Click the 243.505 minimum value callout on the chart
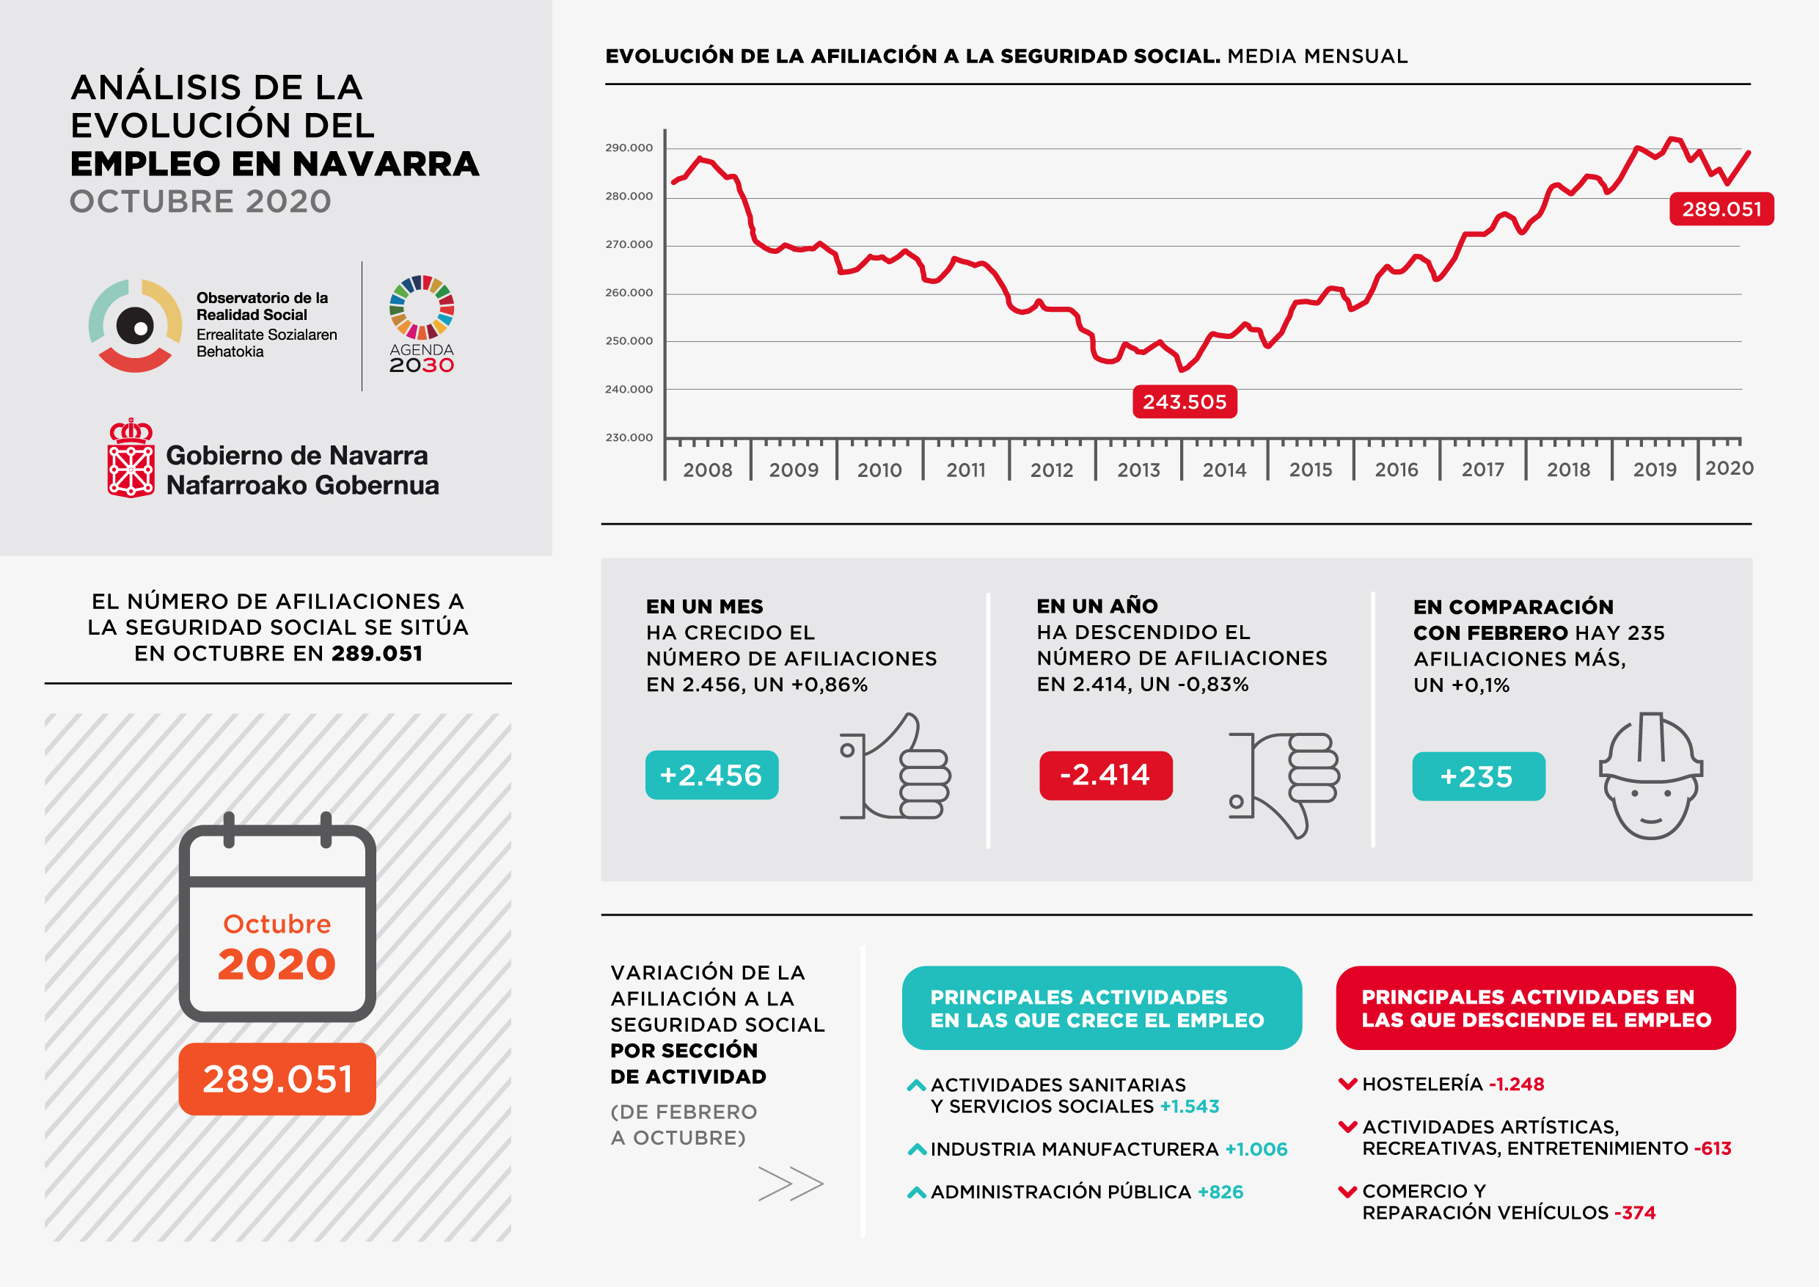1185,402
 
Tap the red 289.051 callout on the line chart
1721,209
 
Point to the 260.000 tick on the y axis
629,293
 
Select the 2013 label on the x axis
1138,470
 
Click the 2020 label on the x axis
1729,468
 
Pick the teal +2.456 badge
711,775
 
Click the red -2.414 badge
1105,775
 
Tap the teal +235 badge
1477,776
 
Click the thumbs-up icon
896,767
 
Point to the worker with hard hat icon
1651,776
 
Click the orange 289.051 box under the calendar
277,1079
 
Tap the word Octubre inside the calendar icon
277,924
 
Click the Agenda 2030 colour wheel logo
422,307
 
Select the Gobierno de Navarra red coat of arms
131,459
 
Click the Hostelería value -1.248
1516,1084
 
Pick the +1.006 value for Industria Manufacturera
1256,1149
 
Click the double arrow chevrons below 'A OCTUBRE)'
791,1184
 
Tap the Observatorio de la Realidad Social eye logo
136,326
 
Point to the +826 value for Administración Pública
1220,1192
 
